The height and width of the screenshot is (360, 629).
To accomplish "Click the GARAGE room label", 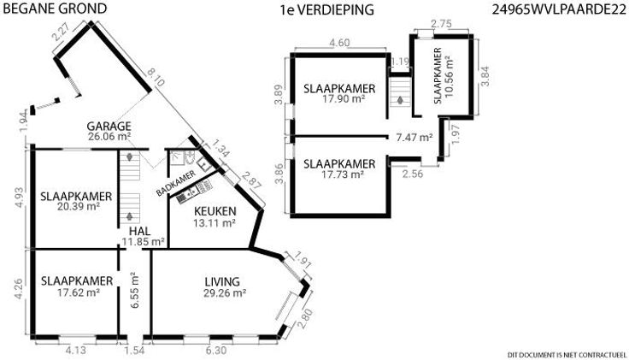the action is tap(109, 126).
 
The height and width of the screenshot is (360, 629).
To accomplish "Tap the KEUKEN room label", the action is tap(215, 211).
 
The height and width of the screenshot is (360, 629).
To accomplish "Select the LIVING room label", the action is tap(222, 281).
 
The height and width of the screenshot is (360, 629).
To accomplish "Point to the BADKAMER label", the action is tap(176, 183).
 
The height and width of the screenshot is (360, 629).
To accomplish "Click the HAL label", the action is tap(140, 231).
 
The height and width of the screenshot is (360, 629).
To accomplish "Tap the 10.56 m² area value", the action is tap(450, 77).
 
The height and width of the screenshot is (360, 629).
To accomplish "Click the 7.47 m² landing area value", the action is tap(414, 138).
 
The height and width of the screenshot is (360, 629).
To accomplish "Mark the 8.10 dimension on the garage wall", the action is tap(156, 78).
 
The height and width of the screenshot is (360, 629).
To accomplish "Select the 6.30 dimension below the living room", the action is tap(216, 351).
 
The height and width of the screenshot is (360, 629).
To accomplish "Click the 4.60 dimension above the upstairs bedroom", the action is tap(339, 43).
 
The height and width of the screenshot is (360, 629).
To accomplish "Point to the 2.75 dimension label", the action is tap(441, 24).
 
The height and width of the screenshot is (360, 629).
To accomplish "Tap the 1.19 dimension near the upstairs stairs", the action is tap(400, 62).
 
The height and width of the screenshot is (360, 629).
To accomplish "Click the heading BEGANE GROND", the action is tap(55, 9).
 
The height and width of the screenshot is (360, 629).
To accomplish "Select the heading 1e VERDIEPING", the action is tap(327, 10).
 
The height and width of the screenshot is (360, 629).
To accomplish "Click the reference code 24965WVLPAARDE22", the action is tap(559, 10).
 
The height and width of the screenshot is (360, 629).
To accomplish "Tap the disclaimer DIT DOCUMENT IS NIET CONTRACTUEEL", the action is tap(567, 355).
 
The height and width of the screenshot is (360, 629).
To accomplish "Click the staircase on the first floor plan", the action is tap(400, 92).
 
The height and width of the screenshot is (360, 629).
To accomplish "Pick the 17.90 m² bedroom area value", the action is tap(344, 98).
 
